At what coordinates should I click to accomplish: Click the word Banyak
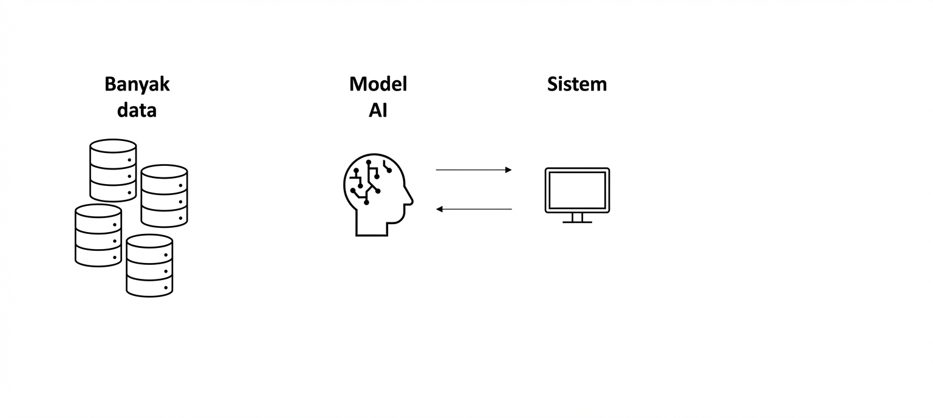tap(137, 84)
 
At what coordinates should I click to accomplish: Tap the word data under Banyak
tap(137, 111)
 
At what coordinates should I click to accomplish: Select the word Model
tap(378, 84)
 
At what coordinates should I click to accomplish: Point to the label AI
tap(378, 111)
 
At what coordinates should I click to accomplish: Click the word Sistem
tap(576, 84)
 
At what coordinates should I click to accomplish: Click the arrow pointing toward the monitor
tap(474, 170)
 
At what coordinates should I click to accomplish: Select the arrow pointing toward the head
tap(474, 209)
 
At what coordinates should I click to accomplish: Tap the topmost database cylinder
tap(113, 170)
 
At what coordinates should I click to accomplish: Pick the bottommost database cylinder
tap(149, 266)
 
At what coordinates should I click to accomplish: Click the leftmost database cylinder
tap(98, 236)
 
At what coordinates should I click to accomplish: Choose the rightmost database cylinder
tap(164, 196)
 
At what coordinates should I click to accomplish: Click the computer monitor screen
tap(577, 190)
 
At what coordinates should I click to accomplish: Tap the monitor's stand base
tap(577, 221)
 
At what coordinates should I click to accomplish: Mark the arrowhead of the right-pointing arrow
tap(509, 170)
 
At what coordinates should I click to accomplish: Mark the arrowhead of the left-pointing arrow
tap(439, 209)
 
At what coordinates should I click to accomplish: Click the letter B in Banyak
tap(110, 84)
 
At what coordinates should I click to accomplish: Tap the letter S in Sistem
tap(553, 84)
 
